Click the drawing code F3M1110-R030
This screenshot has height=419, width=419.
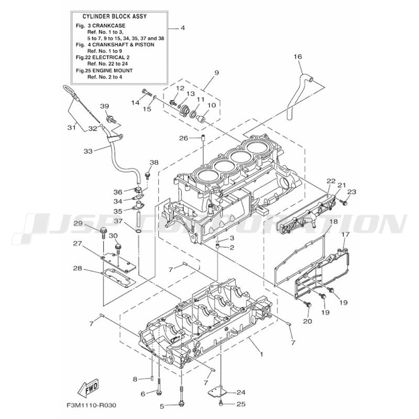tap(91, 405)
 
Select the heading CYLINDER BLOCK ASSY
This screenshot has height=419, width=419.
tap(115, 17)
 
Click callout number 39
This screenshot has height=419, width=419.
tap(104, 106)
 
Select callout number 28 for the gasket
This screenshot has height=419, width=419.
tap(78, 268)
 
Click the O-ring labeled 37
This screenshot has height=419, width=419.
tap(139, 230)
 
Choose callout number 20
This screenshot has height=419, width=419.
tap(307, 321)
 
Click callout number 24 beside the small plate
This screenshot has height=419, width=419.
tap(241, 392)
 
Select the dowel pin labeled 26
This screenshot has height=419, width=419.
tap(203, 139)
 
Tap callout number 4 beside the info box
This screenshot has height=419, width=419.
tap(183, 28)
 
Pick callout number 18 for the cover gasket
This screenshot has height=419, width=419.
tap(334, 221)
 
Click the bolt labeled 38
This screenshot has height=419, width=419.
tap(147, 175)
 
